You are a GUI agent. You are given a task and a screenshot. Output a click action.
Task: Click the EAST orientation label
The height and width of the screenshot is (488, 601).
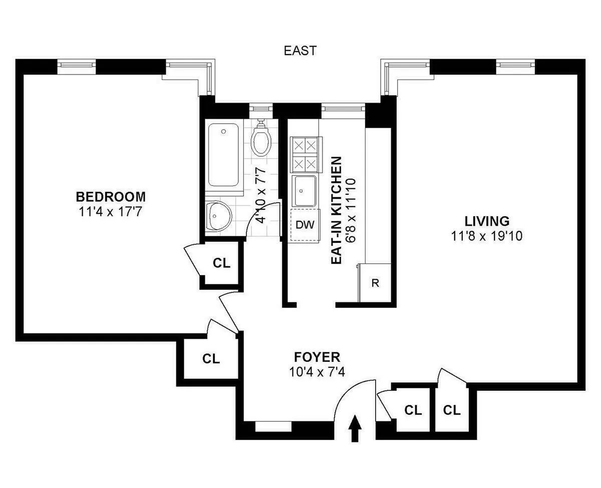(300, 51)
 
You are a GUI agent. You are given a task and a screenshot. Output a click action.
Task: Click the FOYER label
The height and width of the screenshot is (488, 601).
(317, 357)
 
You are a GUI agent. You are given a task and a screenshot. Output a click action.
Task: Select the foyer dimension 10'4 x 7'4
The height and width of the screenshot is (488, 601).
(317, 372)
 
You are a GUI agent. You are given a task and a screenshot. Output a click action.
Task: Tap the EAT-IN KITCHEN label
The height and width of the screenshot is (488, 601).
(337, 210)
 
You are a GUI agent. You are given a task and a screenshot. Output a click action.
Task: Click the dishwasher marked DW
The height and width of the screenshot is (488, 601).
(305, 225)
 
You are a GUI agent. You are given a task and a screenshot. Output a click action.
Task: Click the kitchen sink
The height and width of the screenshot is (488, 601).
(304, 191)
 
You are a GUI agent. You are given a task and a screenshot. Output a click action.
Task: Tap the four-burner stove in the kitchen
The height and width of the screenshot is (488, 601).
(305, 154)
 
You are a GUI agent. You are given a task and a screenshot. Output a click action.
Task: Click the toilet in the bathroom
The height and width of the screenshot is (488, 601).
(261, 139)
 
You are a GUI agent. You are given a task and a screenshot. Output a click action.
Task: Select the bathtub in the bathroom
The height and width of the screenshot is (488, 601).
(224, 155)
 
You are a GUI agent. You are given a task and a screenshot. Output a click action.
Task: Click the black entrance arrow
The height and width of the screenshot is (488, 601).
(355, 428)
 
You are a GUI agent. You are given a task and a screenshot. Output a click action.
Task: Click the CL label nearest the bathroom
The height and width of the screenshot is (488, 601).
(222, 263)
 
